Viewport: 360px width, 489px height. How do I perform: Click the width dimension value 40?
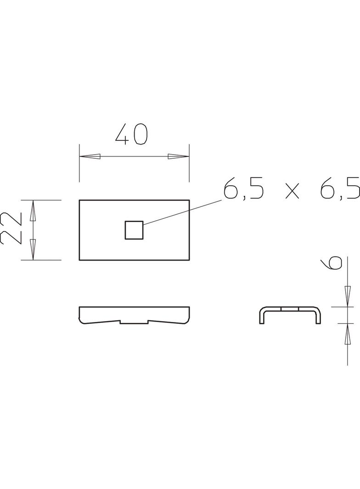coord(131,134)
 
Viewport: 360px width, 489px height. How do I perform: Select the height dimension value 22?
coord(11,228)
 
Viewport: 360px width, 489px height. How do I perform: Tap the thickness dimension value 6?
coord(332,262)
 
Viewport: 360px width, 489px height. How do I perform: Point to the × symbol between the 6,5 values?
coord(292,191)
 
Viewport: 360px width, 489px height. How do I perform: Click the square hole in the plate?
coord(134,230)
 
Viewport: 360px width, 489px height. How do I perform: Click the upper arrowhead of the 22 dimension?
coord(33,211)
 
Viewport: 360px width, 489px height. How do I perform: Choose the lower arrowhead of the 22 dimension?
coord(33,250)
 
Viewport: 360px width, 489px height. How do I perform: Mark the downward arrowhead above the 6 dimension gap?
coord(347,296)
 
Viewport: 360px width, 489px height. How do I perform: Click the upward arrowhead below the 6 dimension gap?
coord(347,333)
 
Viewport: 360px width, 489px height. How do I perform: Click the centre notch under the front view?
coord(134,322)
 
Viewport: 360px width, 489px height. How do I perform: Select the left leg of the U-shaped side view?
coord(261,317)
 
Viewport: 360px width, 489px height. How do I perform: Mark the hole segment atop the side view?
coord(290,309)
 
